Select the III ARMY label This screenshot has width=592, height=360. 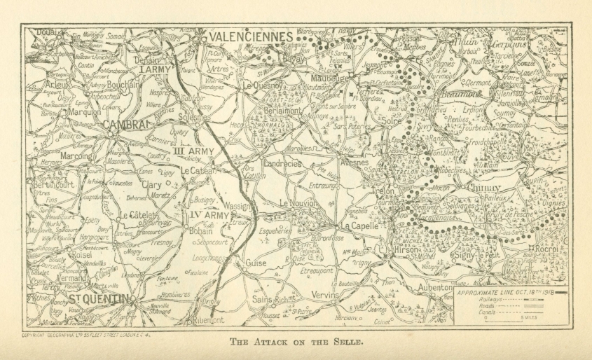click(194, 151)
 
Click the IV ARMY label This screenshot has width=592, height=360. click(208, 216)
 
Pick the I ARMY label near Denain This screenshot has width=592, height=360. click(153, 70)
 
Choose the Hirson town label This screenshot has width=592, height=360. click(408, 249)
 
